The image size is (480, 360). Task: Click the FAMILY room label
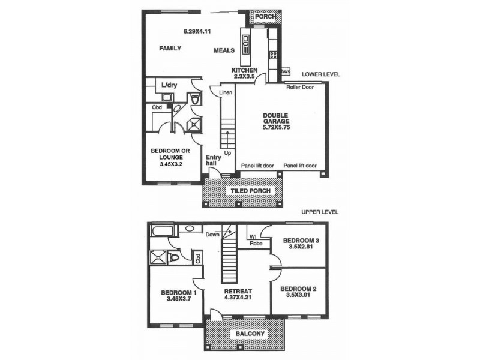tap(170, 48)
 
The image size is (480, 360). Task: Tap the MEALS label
tap(224, 50)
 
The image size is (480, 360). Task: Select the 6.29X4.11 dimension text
tap(200, 31)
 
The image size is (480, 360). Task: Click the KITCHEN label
tap(244, 70)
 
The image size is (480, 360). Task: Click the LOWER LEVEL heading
tap(321, 74)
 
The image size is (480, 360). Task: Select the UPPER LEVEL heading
tap(320, 212)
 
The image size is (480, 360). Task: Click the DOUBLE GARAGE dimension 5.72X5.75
tap(276, 127)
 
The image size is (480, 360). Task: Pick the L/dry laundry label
tap(169, 86)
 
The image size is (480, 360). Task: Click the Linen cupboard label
tap(225, 92)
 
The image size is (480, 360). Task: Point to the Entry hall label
tap(213, 160)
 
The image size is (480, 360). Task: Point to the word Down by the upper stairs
tap(212, 235)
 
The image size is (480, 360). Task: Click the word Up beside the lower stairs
tap(227, 152)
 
